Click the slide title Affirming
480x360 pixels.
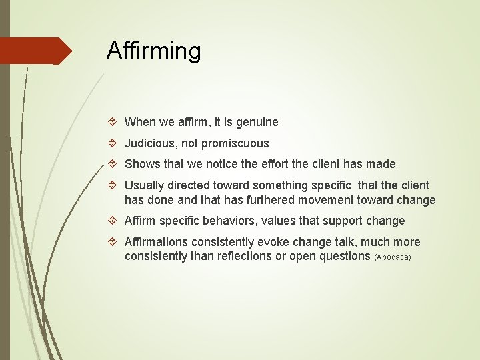153,51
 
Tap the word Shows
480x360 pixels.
140,164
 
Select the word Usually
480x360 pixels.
145,185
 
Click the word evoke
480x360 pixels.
263,242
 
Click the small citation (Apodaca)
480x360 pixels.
393,257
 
